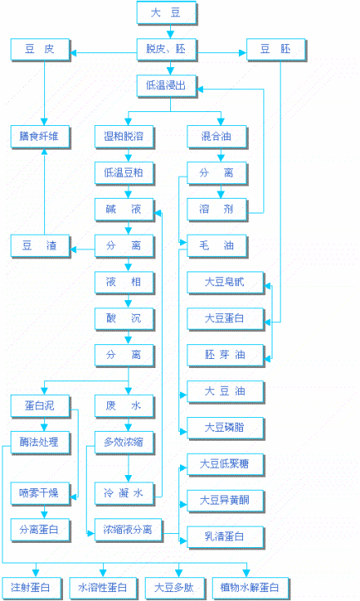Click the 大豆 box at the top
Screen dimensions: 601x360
(168, 12)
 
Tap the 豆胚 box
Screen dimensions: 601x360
(275, 50)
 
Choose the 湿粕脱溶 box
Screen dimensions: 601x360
(124, 135)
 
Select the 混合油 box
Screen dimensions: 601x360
(217, 135)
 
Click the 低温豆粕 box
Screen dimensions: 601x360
(124, 173)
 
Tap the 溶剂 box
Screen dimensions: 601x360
(217, 209)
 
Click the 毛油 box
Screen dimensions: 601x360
(217, 245)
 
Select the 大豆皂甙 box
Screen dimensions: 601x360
(223, 282)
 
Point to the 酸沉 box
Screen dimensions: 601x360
(124, 318)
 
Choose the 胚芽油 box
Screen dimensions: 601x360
(223, 355)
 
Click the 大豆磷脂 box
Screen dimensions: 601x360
(223, 427)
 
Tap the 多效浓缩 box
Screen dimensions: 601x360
(124, 442)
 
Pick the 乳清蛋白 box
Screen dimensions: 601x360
(223, 536)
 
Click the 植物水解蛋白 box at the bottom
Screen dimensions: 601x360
(250, 587)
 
